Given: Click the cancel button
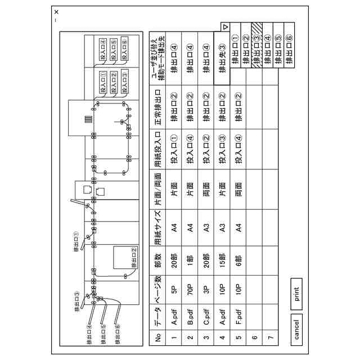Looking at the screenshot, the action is [296, 330].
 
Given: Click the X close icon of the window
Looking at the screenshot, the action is [56, 12].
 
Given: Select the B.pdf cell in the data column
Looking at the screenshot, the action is [190, 319].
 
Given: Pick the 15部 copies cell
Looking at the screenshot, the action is [222, 260].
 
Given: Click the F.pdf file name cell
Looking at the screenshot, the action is [238, 319].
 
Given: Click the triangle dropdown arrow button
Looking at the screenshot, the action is [225, 26].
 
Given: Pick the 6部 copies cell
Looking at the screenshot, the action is [238, 260].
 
